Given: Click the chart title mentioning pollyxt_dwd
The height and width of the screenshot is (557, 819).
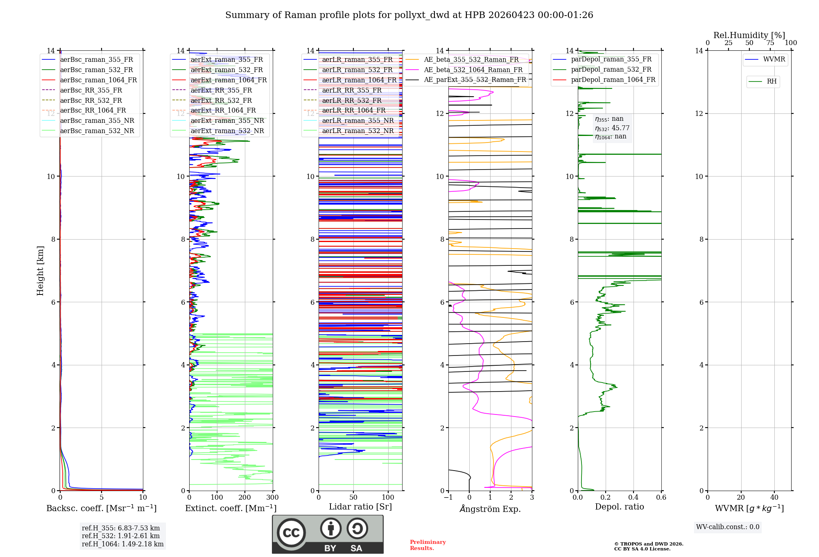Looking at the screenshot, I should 409,15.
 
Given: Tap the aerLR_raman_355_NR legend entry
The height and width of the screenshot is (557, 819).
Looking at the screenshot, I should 357,120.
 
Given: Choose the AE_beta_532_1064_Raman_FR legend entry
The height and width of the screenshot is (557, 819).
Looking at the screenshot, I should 473,70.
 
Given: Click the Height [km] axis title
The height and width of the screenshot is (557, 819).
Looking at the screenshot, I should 40,271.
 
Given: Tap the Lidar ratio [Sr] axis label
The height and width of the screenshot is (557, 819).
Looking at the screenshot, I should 360,507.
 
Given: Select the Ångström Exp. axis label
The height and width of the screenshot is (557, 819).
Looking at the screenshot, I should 490,509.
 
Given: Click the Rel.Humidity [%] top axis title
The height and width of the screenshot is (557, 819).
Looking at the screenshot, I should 749,35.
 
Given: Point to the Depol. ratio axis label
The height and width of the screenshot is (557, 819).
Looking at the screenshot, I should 619,507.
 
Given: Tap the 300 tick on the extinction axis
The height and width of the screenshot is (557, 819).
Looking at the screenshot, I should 272,498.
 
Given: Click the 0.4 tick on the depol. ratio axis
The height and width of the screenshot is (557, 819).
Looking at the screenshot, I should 633,498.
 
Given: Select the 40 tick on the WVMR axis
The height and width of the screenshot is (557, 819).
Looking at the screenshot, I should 774,498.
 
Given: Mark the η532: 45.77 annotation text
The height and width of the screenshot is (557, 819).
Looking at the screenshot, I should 612,128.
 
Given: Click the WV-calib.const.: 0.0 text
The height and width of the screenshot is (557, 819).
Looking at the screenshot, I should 728,527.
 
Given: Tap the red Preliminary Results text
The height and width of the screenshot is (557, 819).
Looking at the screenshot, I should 428,545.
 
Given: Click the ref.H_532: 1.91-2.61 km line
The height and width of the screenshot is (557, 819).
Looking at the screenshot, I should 121,536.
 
